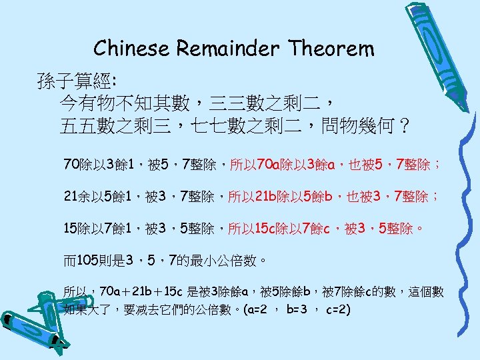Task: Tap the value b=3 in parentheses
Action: [x=296, y=310]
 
